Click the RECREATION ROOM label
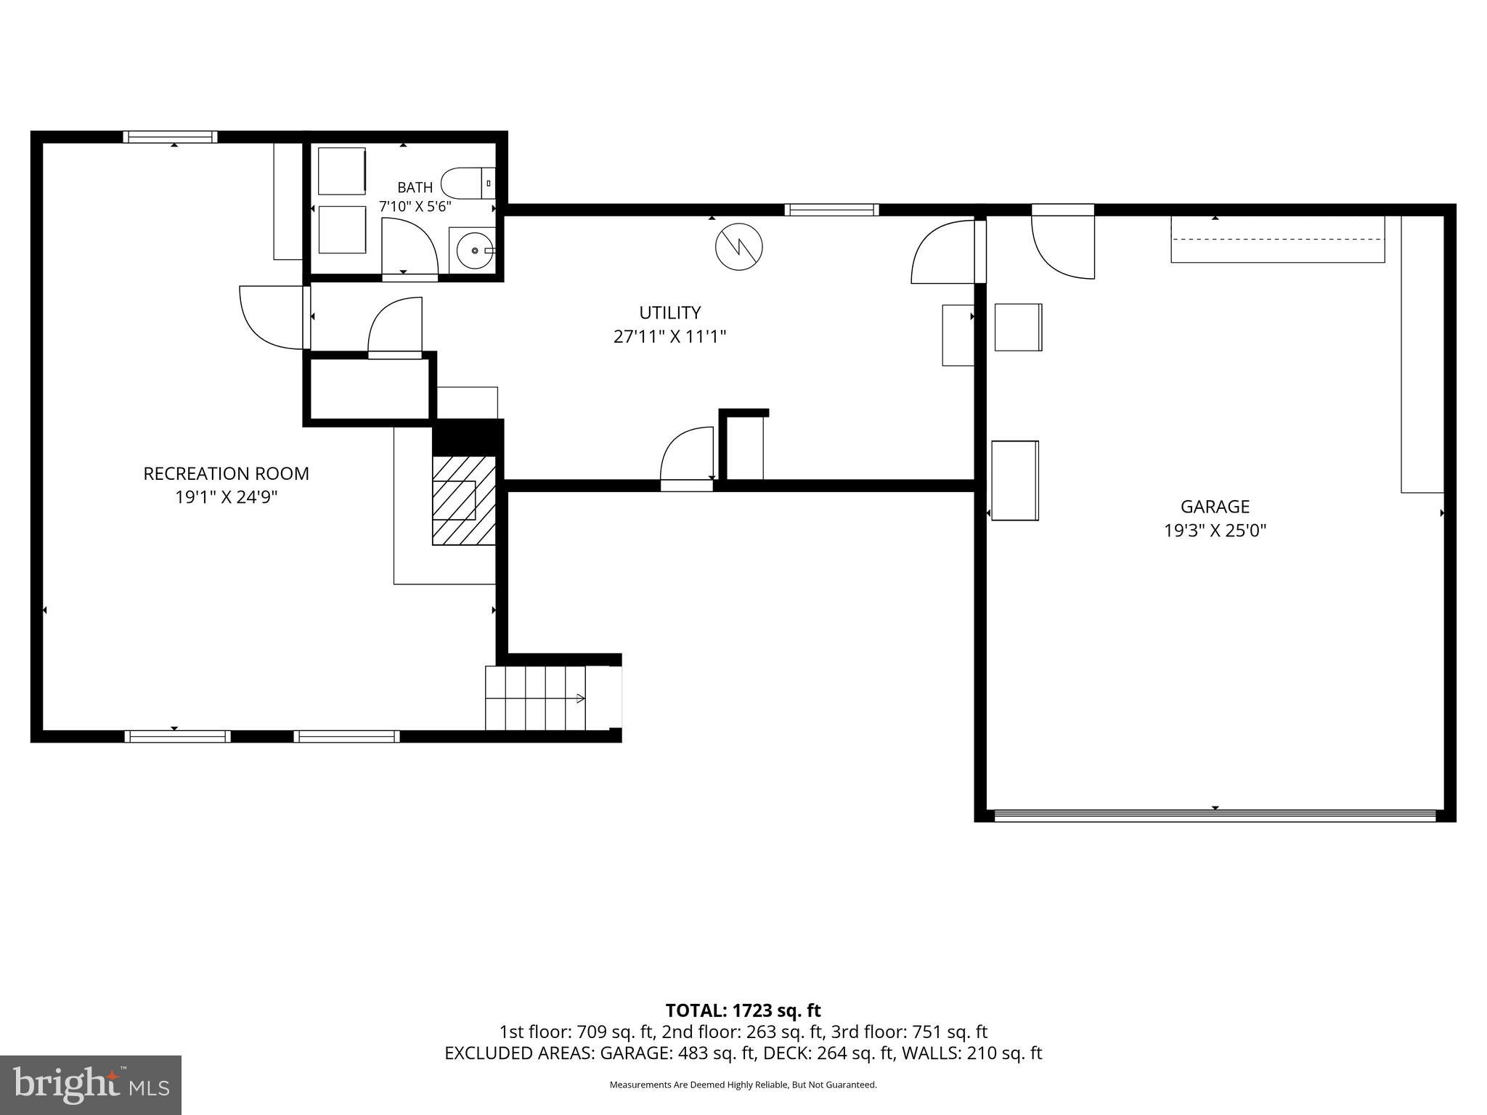click(x=226, y=473)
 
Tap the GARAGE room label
click(x=1215, y=506)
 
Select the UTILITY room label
click(x=669, y=312)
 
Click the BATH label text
click(x=415, y=188)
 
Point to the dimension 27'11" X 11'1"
click(x=669, y=336)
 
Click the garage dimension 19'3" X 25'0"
click(x=1215, y=530)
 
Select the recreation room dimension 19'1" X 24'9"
click(x=226, y=497)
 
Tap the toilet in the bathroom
click(x=468, y=183)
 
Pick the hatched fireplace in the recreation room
click(x=464, y=500)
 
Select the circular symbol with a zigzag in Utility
click(x=739, y=247)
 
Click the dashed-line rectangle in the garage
click(x=1278, y=239)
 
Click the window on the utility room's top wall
click(x=831, y=210)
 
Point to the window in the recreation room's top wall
click(x=170, y=136)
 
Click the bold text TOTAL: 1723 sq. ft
click(x=743, y=1010)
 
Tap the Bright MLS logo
click(x=91, y=1085)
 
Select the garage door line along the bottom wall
click(x=1215, y=815)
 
